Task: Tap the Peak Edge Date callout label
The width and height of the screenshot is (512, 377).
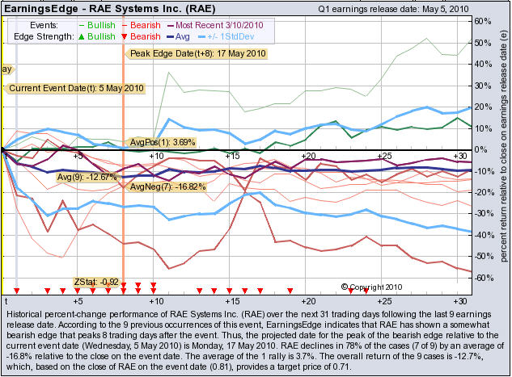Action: tap(197, 53)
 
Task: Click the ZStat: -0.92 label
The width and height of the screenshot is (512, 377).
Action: tap(96, 282)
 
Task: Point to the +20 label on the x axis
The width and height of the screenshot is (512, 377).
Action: tap(307, 155)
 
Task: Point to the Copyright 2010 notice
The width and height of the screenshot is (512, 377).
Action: tap(374, 287)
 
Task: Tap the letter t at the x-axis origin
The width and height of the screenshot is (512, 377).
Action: tap(16, 300)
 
